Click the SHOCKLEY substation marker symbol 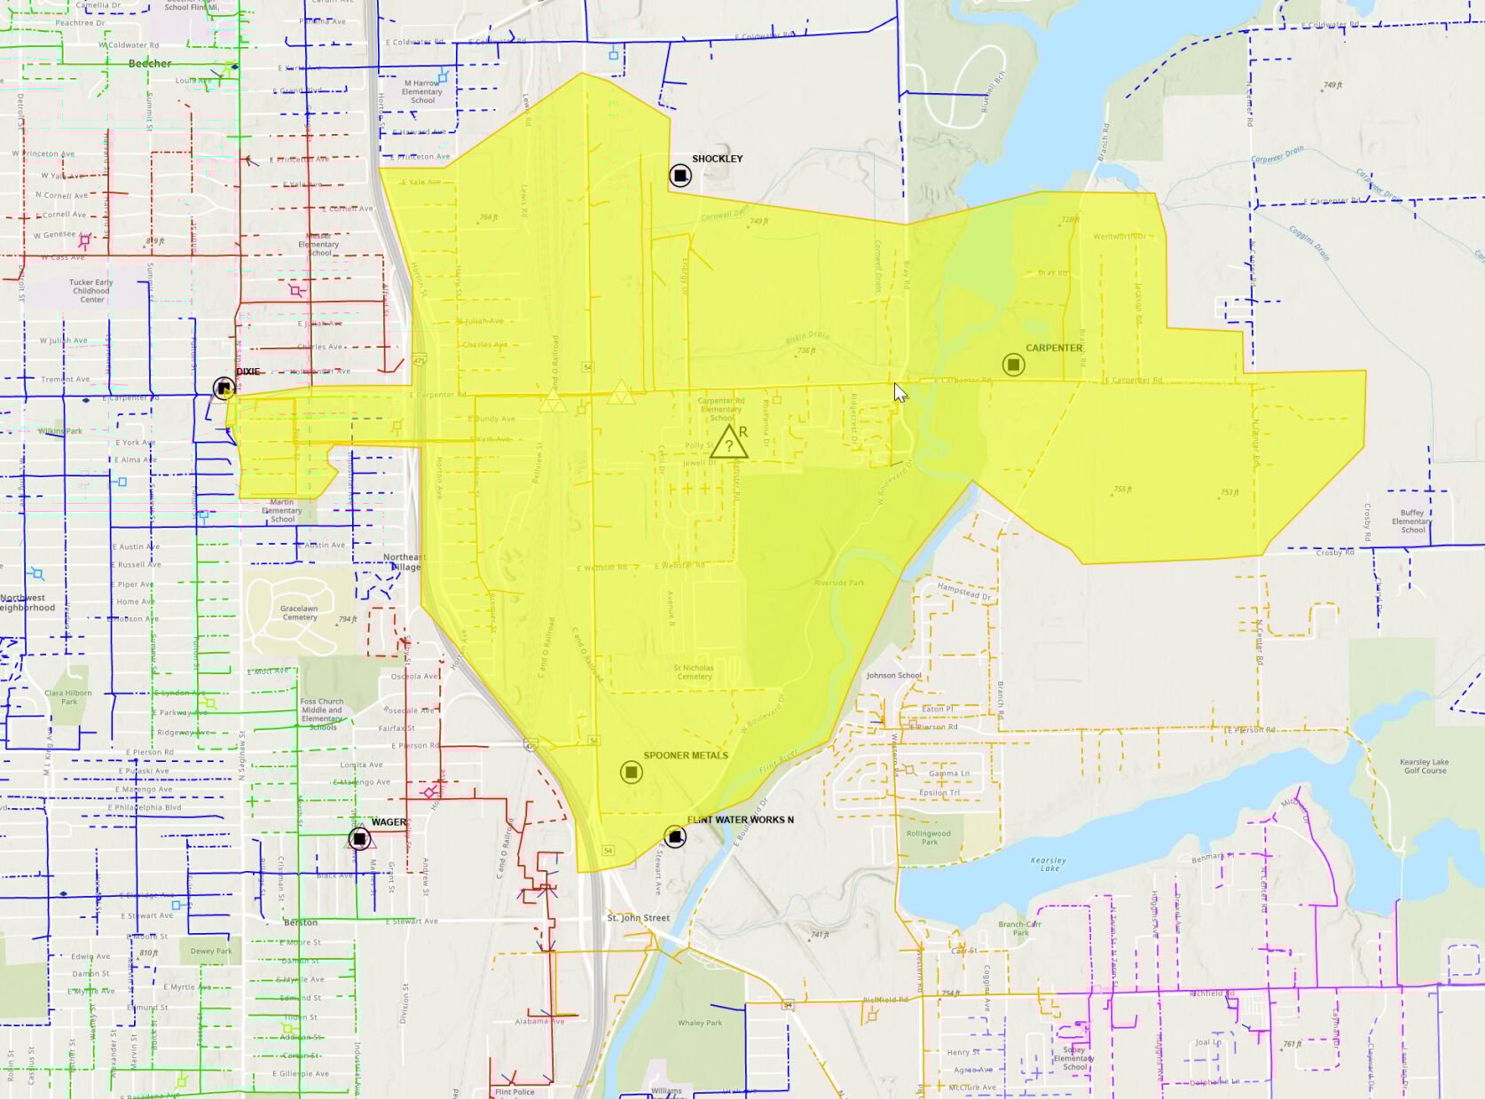tap(680, 175)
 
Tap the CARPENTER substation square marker tap(1013, 365)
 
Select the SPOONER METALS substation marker tap(631, 773)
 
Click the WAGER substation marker tap(359, 838)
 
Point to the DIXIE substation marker tap(224, 388)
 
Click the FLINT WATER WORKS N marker tap(675, 836)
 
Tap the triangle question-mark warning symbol tap(729, 443)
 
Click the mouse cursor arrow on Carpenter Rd tap(900, 392)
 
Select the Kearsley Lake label tap(1049, 864)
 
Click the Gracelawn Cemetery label tap(299, 613)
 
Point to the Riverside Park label tap(839, 583)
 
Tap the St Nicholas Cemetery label tap(694, 672)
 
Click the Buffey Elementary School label tap(1412, 521)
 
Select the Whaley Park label tap(700, 1023)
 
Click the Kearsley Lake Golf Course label tap(1424, 766)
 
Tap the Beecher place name tap(150, 64)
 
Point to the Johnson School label tap(893, 676)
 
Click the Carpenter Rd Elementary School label tap(721, 409)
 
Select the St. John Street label tap(639, 918)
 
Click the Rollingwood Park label tap(929, 837)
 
